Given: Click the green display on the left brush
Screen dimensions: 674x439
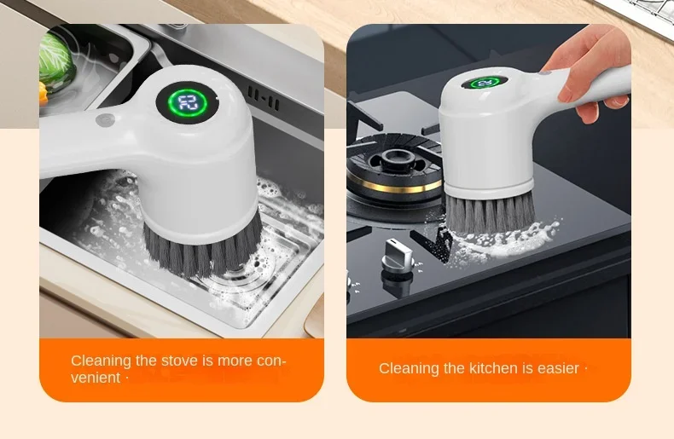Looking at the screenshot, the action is click(188, 103).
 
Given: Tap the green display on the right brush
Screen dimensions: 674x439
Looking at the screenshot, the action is click(485, 82).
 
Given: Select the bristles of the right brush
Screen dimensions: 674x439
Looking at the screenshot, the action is click(489, 212).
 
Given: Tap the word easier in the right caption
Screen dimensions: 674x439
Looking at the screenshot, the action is click(558, 368).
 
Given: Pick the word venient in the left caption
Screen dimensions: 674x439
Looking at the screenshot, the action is click(96, 378).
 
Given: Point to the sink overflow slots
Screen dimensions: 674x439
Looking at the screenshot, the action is click(264, 97).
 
